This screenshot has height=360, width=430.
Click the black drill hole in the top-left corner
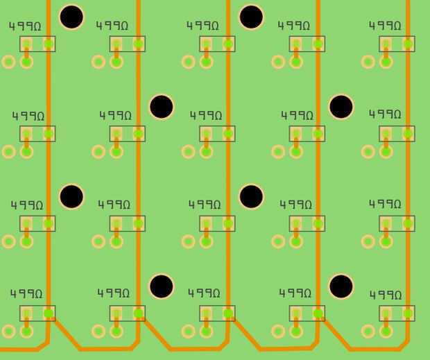[71, 17]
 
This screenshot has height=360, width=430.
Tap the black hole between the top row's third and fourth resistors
[251, 17]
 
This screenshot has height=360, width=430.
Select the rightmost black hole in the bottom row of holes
[341, 286]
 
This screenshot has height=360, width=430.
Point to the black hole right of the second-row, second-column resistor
[162, 107]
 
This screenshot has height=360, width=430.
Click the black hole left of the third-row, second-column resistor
[71, 196]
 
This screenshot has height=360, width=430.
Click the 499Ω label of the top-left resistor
[25, 26]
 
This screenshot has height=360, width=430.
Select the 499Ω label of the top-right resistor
[385, 26]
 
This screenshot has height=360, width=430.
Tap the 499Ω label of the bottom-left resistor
[26, 294]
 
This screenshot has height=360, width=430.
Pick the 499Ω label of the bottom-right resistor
[386, 295]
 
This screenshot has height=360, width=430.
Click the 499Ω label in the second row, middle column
[206, 115]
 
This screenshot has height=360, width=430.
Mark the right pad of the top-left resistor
[49, 44]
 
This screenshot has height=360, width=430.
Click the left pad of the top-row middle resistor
[207, 44]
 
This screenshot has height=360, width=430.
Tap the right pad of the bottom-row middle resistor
[228, 314]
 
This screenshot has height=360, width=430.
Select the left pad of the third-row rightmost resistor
[386, 223]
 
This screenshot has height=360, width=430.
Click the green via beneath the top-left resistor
[26, 62]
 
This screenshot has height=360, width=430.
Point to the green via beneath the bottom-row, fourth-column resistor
[296, 331]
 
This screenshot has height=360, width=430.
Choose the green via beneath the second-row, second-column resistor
[117, 151]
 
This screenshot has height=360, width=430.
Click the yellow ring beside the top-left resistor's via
[8, 62]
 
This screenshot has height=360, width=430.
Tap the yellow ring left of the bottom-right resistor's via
[368, 331]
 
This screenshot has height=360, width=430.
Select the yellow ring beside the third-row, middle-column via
[189, 241]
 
